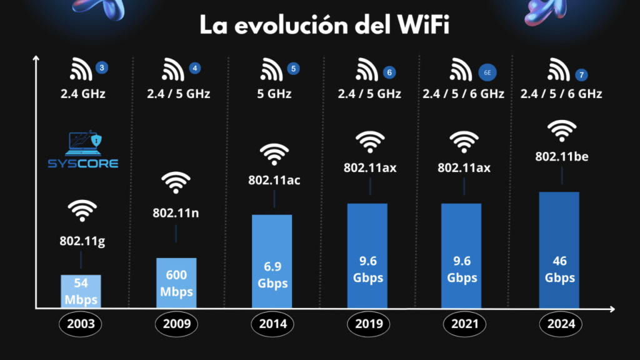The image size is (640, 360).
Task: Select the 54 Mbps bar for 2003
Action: (81, 291)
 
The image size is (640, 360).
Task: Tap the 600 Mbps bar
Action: (176, 283)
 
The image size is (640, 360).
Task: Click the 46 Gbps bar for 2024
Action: (559, 250)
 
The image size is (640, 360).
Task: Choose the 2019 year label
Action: (368, 324)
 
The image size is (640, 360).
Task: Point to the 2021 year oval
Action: (463, 324)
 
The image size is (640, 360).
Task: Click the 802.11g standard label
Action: (82, 241)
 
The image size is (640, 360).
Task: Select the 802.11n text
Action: (177, 212)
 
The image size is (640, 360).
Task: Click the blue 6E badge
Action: (488, 72)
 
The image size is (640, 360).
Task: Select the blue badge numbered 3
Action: (101, 67)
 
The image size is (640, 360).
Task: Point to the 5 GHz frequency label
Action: (274, 94)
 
